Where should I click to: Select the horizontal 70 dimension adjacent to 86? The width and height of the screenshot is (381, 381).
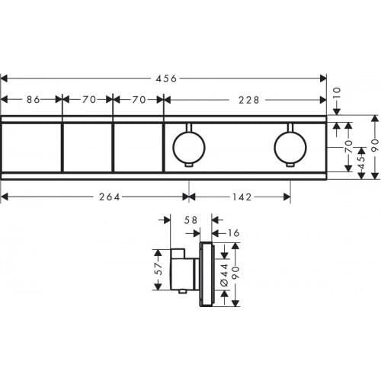click(x=88, y=99)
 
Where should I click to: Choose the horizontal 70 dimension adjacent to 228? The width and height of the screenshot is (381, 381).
click(x=139, y=99)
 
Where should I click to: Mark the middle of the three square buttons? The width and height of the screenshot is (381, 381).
click(x=87, y=148)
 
